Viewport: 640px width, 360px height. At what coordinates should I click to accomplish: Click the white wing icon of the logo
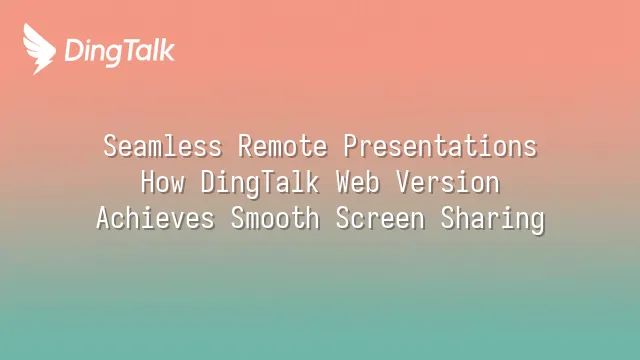point(39,48)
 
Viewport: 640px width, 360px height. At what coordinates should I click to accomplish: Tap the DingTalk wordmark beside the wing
point(120,52)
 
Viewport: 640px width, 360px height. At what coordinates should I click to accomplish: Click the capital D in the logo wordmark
point(74,50)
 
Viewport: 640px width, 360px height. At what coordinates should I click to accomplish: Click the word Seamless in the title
point(163,146)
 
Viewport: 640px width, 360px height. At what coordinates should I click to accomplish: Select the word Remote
point(282,146)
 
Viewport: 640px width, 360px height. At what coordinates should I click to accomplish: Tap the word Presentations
point(440,146)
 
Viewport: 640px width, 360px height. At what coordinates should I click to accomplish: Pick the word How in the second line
point(163,182)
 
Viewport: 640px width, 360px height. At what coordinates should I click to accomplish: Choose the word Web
point(358,182)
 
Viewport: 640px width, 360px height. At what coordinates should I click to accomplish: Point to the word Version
point(448,182)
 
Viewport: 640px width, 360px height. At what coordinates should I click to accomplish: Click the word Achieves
point(156,218)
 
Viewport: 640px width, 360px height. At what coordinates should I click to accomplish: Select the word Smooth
point(275,218)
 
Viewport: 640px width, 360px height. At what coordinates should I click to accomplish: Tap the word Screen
point(380,218)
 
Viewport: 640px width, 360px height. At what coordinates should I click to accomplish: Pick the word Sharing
point(493,220)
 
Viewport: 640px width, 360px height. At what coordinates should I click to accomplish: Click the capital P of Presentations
point(350,146)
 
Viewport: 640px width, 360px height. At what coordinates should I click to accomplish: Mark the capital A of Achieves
point(104,218)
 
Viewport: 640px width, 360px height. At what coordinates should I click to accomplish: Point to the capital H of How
point(148,182)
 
